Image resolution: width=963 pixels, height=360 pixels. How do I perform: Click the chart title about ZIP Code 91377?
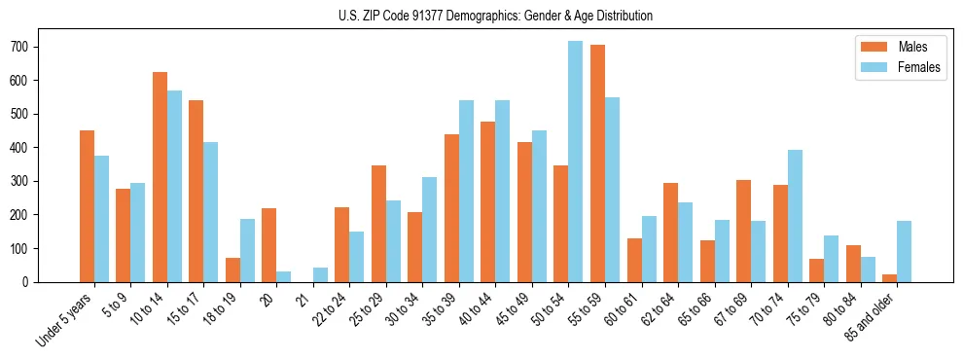tap(481, 16)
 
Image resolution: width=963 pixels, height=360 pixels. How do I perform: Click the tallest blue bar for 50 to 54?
tap(575, 162)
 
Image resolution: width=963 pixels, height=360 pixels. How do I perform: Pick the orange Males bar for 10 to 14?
tap(160, 177)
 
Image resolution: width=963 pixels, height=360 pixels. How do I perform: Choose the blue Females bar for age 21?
tap(320, 274)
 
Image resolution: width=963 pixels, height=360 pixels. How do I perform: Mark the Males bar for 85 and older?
tap(889, 278)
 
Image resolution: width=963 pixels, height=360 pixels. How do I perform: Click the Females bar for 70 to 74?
tap(794, 216)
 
